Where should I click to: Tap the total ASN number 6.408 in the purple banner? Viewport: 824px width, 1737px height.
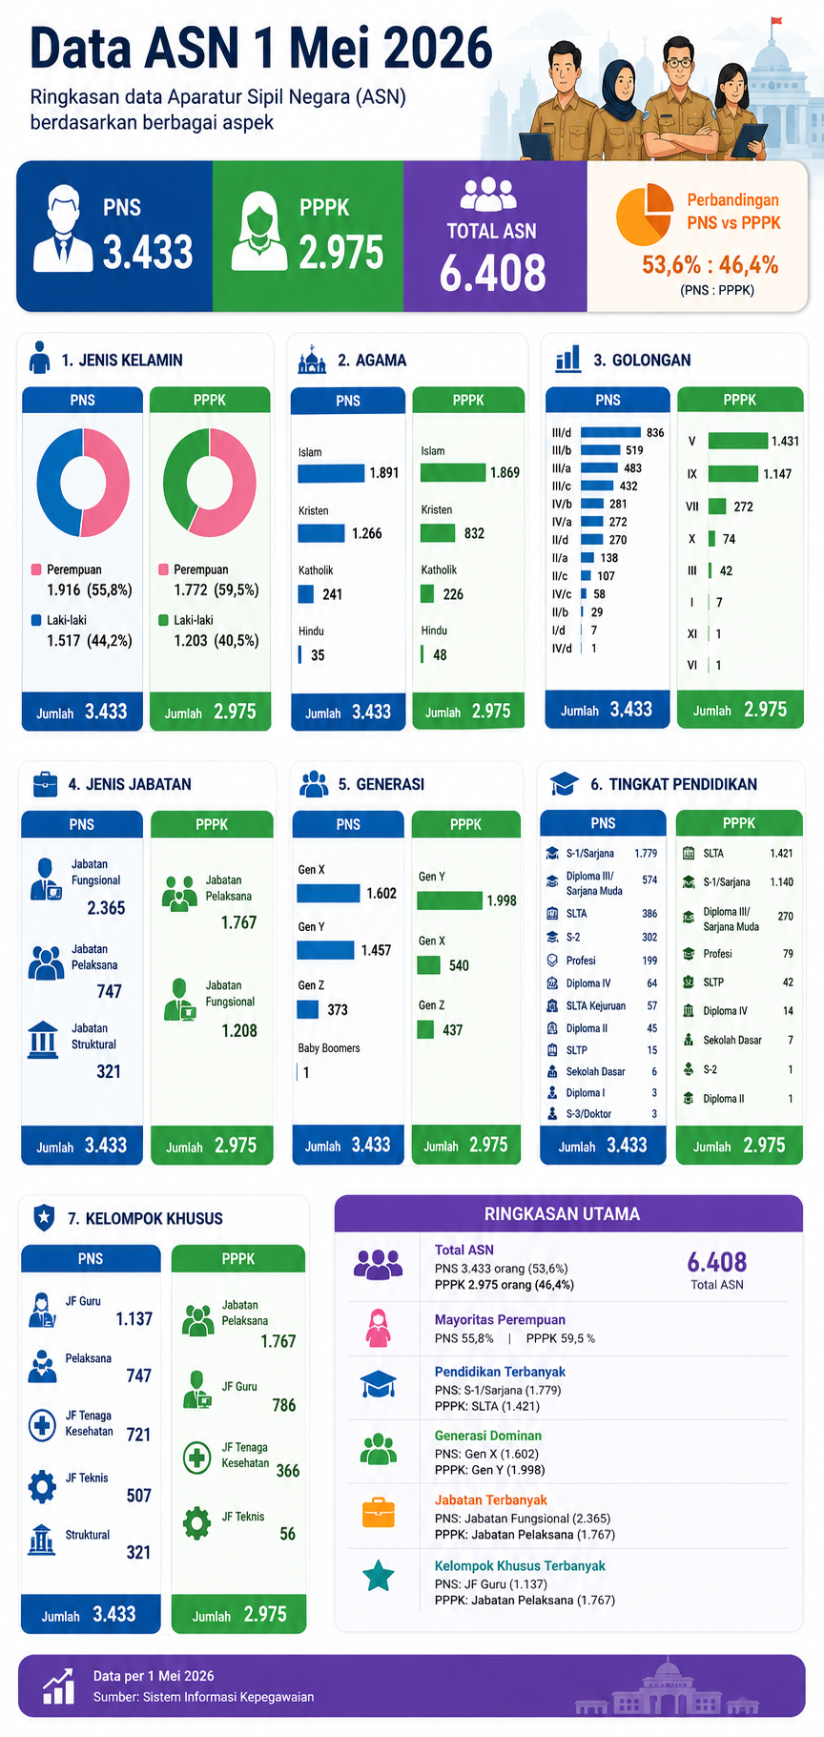(x=493, y=273)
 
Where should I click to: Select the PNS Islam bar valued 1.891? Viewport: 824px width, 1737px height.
(x=331, y=473)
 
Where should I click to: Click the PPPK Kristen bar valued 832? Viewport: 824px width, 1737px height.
(x=438, y=533)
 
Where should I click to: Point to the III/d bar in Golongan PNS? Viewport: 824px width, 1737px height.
(x=610, y=432)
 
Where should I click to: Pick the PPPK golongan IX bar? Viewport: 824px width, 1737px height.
(x=733, y=474)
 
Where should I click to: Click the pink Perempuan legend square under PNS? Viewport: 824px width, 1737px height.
(x=36, y=569)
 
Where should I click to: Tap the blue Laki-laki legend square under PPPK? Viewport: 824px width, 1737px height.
(x=163, y=620)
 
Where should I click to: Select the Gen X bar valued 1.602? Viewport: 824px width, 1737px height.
(x=328, y=894)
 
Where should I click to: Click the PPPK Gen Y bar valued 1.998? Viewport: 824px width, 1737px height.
(x=450, y=900)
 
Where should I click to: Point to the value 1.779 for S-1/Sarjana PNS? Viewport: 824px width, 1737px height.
(x=646, y=854)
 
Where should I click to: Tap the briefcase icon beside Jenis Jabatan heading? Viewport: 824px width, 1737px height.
(x=45, y=784)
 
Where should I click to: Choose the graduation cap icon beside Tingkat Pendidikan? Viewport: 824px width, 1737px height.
(x=565, y=784)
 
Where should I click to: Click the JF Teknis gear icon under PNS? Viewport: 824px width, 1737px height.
(x=42, y=1486)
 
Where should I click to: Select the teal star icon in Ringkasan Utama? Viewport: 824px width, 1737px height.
(x=379, y=1575)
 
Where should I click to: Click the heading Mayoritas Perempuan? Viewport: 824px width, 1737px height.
(x=500, y=1320)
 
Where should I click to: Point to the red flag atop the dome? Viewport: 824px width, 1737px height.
(x=776, y=20)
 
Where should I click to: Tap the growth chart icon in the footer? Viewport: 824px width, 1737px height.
(x=58, y=1686)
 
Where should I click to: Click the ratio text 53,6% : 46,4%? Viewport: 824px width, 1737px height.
(x=711, y=264)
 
